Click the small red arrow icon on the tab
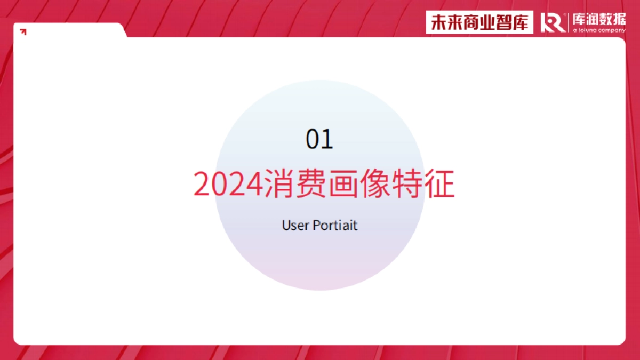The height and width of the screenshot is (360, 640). [23, 32]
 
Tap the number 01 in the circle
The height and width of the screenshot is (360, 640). [319, 140]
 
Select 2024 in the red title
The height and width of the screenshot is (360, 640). [228, 185]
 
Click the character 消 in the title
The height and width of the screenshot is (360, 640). [278, 184]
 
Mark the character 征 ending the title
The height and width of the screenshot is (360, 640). [440, 184]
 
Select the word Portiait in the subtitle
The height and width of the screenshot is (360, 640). [334, 225]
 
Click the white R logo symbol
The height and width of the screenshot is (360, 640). [553, 23]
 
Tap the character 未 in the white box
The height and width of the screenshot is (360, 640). [439, 23]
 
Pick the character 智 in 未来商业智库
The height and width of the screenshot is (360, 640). [505, 23]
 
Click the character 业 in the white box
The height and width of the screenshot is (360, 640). [489, 23]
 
